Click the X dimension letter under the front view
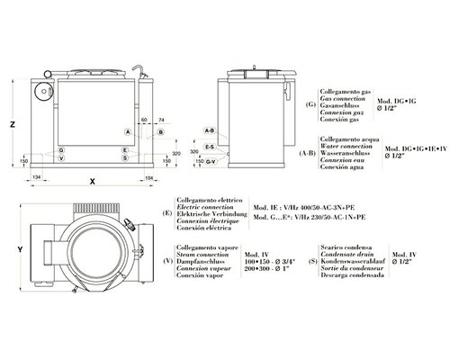[x=93, y=180]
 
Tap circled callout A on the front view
[x=127, y=131]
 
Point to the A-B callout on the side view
[x=209, y=131]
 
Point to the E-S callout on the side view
[x=209, y=147]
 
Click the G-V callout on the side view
[x=209, y=162]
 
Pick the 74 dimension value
[x=160, y=119]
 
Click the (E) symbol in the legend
[x=168, y=212]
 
